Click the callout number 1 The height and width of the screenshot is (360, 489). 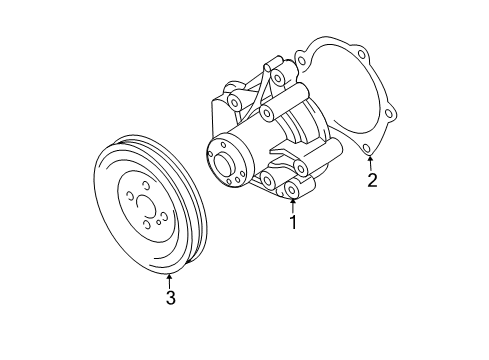(x=293, y=222)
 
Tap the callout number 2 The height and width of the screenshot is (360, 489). (x=372, y=180)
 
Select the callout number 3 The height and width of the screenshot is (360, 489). (x=171, y=298)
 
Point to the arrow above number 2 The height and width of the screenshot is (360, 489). (x=370, y=163)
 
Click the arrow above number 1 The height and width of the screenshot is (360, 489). (x=293, y=206)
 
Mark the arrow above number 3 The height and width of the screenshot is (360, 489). (x=170, y=281)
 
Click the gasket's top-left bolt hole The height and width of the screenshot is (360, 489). (x=302, y=61)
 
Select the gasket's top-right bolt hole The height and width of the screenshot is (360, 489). (x=361, y=55)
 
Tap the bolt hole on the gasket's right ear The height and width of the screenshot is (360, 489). (x=388, y=114)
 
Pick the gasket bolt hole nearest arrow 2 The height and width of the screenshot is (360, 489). (x=366, y=148)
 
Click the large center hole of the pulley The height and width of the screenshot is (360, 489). (x=146, y=207)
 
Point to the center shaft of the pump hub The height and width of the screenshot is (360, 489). (x=223, y=163)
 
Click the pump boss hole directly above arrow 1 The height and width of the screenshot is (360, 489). (x=292, y=190)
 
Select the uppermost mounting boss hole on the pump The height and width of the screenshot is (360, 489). (x=277, y=78)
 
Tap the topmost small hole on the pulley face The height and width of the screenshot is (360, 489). (x=145, y=184)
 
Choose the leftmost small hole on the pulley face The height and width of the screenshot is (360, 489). (x=128, y=195)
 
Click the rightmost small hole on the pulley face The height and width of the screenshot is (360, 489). (x=164, y=215)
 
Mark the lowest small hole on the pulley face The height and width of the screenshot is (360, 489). (x=147, y=225)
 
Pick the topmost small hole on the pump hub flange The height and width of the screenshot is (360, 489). (x=223, y=144)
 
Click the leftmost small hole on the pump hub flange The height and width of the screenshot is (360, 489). (x=210, y=154)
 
